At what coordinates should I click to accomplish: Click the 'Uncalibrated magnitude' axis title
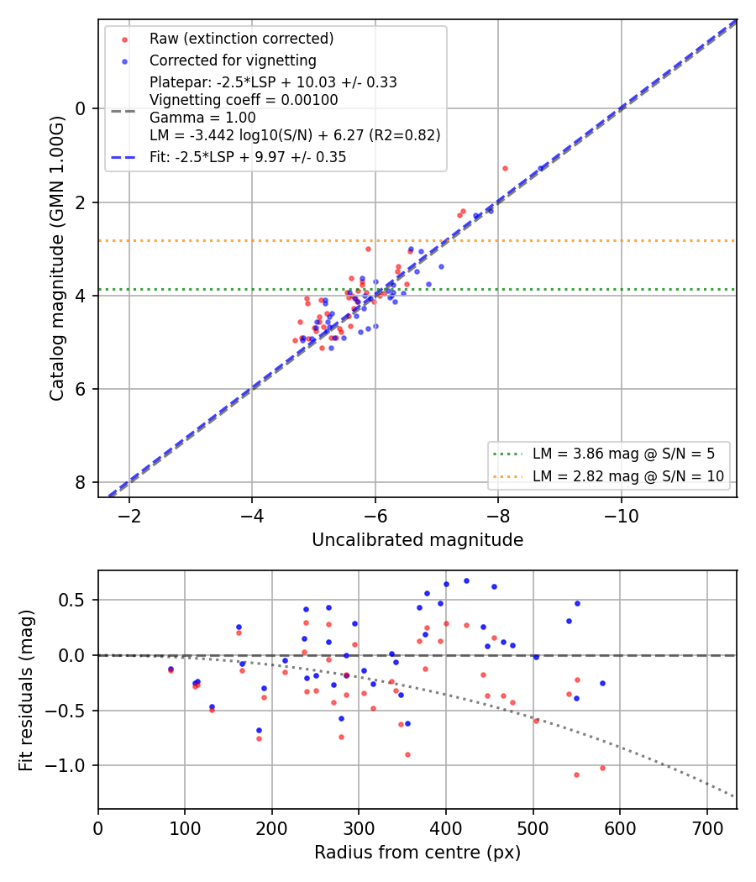(x=417, y=540)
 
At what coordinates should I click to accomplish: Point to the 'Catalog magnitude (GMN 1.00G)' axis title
(x=57, y=259)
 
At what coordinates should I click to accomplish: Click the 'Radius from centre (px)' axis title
(x=417, y=853)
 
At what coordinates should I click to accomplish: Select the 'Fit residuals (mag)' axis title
(x=26, y=690)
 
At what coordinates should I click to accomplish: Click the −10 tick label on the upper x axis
(x=621, y=516)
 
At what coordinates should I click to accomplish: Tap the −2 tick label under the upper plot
(x=129, y=516)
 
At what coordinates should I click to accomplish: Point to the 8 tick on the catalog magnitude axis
(x=81, y=483)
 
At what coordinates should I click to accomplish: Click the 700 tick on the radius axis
(x=707, y=828)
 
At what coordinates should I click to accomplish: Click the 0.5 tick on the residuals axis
(x=72, y=601)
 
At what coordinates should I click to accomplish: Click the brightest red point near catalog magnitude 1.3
(x=505, y=168)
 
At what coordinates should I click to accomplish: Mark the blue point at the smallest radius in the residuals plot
(x=171, y=669)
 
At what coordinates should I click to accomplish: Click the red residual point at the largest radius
(x=602, y=768)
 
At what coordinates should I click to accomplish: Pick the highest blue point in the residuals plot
(x=466, y=581)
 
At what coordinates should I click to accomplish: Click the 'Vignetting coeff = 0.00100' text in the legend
(x=244, y=100)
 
